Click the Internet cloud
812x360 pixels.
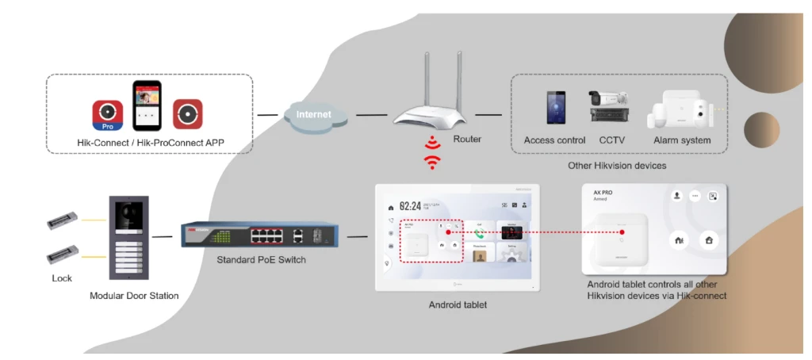tap(314, 114)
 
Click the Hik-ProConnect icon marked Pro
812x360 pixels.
tap(107, 114)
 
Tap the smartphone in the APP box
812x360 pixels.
tap(147, 105)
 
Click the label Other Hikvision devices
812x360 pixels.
tap(617, 166)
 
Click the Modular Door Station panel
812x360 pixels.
tap(128, 239)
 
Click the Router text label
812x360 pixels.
tap(467, 139)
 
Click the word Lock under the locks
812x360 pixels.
tap(62, 278)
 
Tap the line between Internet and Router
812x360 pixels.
tap(371, 115)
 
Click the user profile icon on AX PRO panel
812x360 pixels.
tap(676, 196)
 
